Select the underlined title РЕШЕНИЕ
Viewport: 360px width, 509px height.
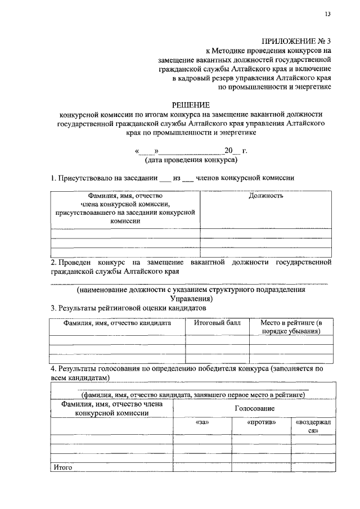point(191,105)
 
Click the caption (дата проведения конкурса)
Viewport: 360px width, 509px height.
point(191,160)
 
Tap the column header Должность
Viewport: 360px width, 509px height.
point(265,196)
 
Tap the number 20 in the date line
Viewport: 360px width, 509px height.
point(228,151)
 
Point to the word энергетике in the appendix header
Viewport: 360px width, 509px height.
point(312,87)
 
